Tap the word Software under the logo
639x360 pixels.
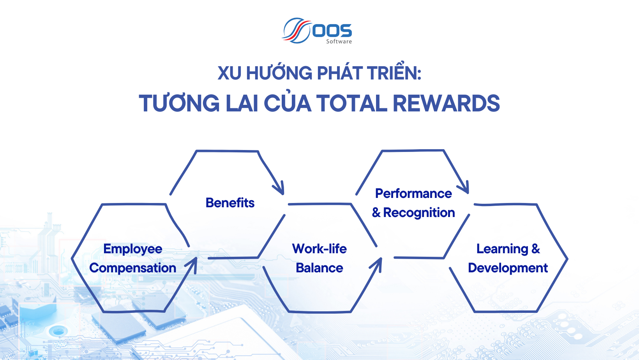point(339,41)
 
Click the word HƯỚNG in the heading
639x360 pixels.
point(279,73)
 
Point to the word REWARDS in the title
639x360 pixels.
point(446,103)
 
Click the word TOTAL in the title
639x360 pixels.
point(351,103)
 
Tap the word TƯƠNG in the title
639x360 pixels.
point(180,103)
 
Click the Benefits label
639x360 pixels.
point(230,203)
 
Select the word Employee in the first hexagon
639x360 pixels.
point(133,249)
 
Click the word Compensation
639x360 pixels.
point(133,268)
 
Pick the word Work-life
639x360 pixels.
point(319,249)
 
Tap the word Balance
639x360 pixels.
point(319,268)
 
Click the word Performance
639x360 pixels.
point(413,194)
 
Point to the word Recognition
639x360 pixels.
point(419,213)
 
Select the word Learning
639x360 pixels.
point(502,249)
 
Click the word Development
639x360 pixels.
point(508,268)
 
